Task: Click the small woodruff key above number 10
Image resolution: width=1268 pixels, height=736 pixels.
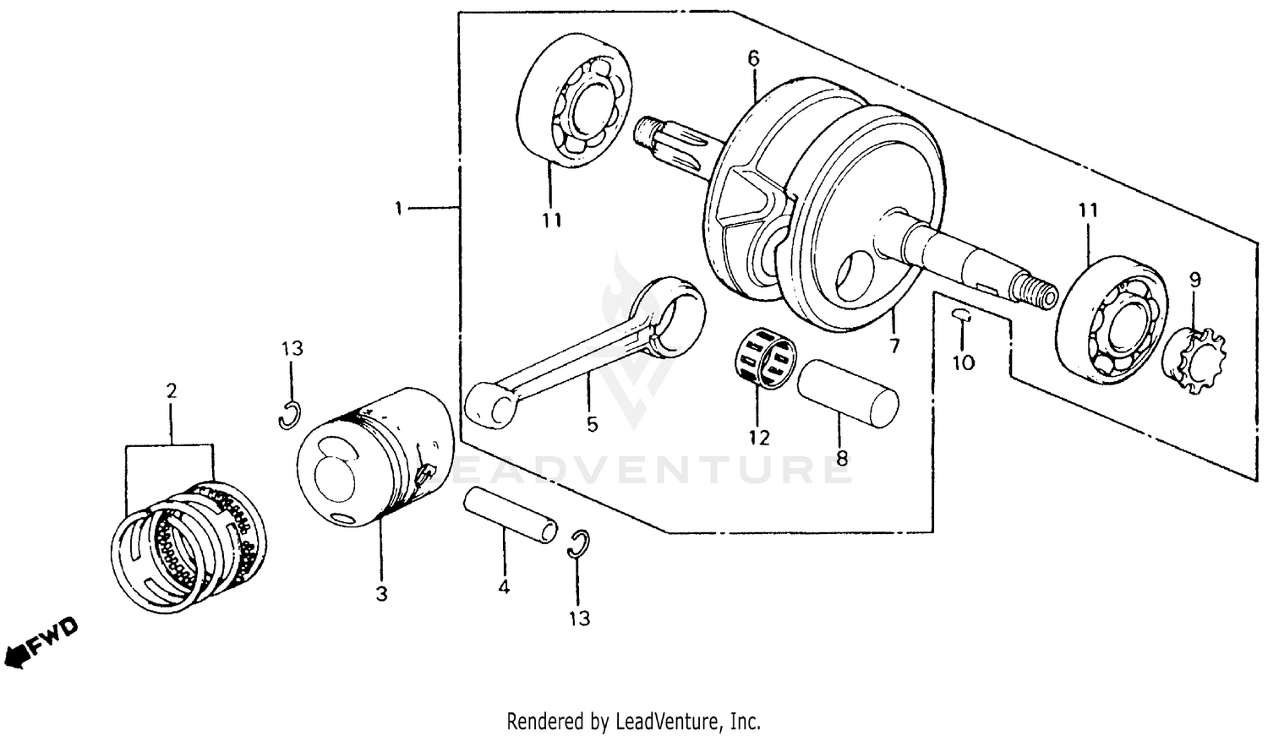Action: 961,316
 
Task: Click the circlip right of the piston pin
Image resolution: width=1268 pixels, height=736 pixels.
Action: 578,545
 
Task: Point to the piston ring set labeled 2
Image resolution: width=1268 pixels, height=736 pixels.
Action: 190,545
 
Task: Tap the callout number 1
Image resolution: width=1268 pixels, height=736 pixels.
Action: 399,207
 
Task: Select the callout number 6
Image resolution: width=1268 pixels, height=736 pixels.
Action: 753,58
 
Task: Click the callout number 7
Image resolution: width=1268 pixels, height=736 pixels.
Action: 894,345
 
